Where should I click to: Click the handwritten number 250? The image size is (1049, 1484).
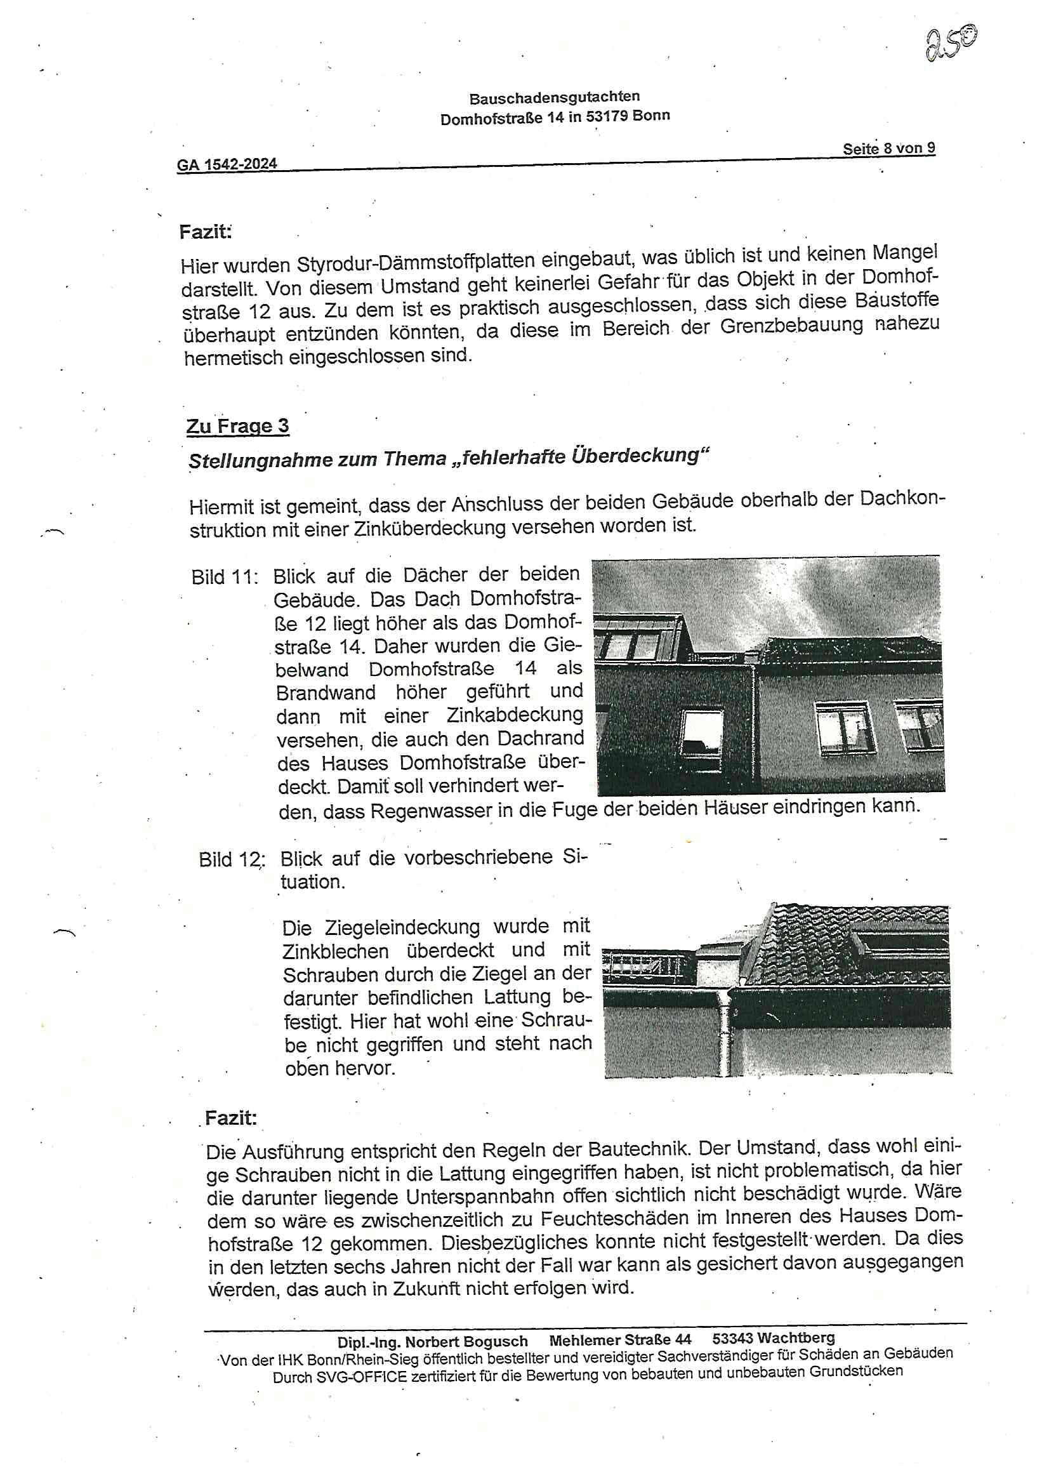[950, 44]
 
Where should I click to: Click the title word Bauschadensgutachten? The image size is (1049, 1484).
[554, 98]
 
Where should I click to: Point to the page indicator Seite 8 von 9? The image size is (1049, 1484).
[888, 149]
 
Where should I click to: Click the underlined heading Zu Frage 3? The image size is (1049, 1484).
[237, 427]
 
